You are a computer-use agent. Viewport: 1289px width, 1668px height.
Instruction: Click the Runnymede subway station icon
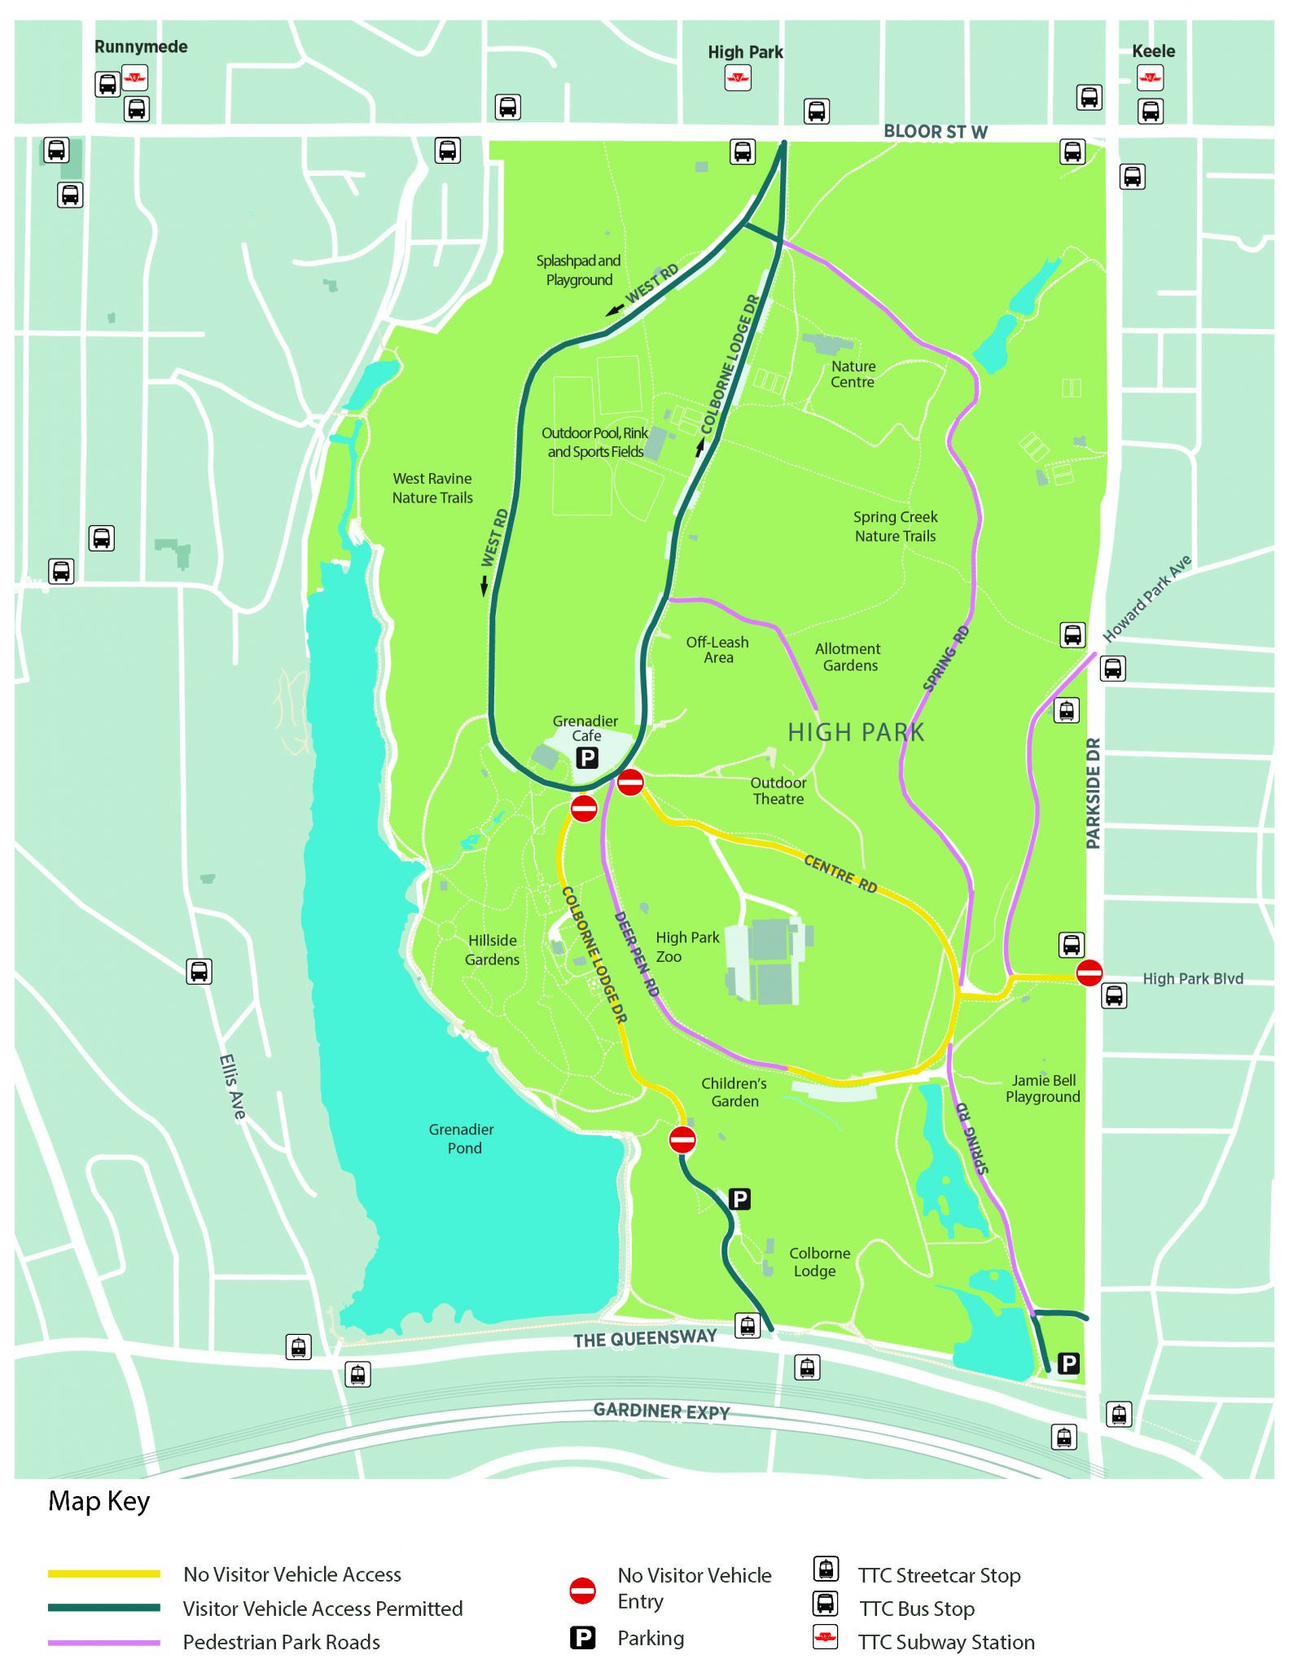[134, 78]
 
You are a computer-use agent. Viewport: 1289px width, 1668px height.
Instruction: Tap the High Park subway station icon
[738, 78]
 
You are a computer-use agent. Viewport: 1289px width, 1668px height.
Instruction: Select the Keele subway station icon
[1150, 78]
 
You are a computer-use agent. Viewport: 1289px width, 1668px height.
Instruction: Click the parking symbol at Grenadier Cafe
[587, 758]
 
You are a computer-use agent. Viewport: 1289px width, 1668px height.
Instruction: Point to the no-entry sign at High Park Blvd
[1089, 972]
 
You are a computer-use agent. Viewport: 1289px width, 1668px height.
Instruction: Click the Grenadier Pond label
[462, 1139]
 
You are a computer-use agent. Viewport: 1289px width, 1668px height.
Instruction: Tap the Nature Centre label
[853, 375]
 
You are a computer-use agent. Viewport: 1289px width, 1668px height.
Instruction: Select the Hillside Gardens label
[492, 950]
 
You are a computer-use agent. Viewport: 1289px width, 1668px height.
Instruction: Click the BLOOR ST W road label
[935, 132]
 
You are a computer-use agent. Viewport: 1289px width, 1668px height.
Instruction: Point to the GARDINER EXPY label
[661, 1411]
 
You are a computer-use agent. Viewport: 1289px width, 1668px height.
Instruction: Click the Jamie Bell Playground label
[1043, 1088]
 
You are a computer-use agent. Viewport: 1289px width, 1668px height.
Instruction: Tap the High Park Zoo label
[686, 946]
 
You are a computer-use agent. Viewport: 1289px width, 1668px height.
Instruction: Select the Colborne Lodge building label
[818, 1262]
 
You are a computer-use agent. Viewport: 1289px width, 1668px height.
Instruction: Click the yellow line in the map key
[103, 1574]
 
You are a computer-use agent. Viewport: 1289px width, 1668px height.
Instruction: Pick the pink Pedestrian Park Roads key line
[103, 1642]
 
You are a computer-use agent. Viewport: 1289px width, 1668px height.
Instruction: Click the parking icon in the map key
[582, 1637]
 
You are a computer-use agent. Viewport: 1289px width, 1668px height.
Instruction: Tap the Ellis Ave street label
[232, 1086]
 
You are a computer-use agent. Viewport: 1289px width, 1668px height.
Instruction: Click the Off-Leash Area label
[717, 649]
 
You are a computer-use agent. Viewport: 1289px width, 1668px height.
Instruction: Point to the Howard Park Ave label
[1147, 599]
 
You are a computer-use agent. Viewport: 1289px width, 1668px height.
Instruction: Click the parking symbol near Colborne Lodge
[739, 1199]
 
